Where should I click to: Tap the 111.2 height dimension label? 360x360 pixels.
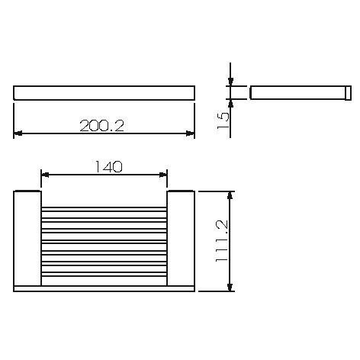coord(221,241)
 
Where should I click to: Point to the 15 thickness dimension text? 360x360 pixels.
coord(221,120)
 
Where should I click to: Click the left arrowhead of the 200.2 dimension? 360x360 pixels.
coord(18,134)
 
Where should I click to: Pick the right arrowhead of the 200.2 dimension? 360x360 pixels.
coord(190,134)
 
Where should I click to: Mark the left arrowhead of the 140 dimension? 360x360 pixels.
coord(45,175)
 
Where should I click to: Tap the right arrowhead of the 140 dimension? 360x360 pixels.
coord(162,175)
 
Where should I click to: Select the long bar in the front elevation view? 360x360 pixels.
coord(104,93)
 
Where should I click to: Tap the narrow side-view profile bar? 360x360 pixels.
coord(297,93)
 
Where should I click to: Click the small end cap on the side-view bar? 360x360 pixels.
coord(347,93)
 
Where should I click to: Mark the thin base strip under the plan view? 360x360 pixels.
coord(104,288)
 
